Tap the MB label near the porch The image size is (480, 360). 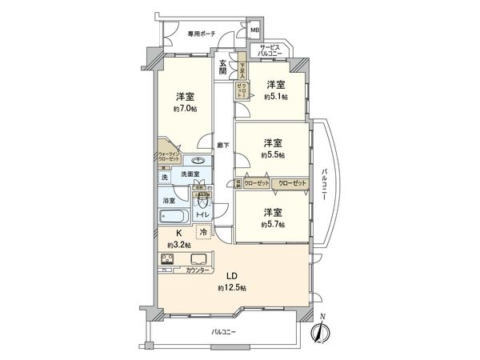(x=254, y=31)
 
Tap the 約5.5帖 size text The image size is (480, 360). (x=273, y=154)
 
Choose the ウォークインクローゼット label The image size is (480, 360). (x=169, y=155)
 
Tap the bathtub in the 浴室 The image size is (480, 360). (x=172, y=217)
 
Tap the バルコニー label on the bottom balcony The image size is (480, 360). (x=223, y=330)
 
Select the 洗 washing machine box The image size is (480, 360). (x=164, y=177)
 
